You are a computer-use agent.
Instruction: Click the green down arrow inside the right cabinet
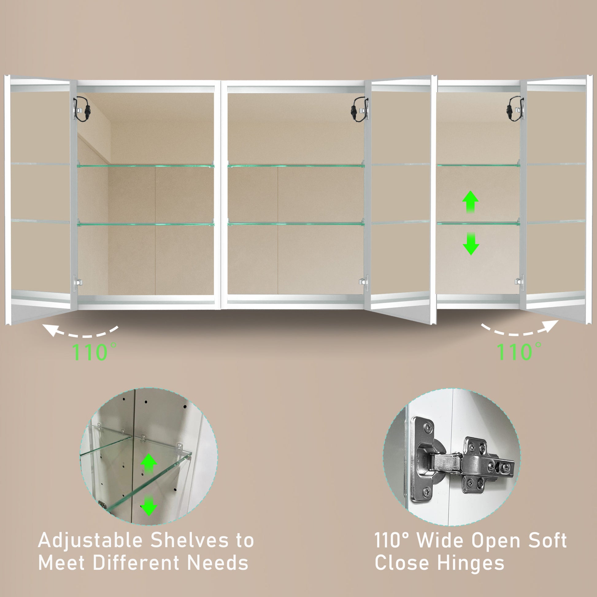pyautogui.click(x=471, y=244)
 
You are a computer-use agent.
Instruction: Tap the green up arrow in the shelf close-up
pyautogui.click(x=148, y=463)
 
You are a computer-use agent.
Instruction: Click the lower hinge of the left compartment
pyautogui.click(x=77, y=282)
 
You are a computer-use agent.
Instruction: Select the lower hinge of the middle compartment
pyautogui.click(x=364, y=282)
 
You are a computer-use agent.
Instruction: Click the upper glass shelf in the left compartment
pyautogui.click(x=145, y=166)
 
